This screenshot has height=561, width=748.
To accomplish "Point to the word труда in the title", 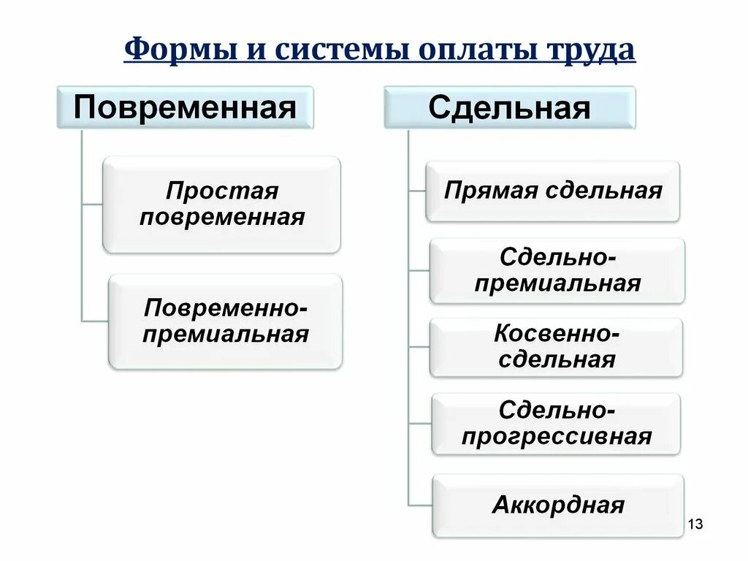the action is [x=590, y=52].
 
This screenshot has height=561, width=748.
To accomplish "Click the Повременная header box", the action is [x=185, y=107].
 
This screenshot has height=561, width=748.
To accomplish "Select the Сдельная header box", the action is [x=509, y=107].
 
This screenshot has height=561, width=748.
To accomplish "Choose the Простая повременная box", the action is [x=221, y=205].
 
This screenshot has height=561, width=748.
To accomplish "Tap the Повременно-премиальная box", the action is [x=226, y=321].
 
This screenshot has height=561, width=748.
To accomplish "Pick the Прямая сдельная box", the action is [x=553, y=191].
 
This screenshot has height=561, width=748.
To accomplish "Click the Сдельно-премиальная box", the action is [x=557, y=270].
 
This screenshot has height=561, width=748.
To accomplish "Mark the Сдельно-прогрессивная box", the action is [x=556, y=424].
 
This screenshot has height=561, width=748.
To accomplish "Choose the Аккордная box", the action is [x=558, y=505].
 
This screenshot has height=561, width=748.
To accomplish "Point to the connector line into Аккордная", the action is [x=420, y=505].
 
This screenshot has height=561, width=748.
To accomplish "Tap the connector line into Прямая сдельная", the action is [x=417, y=191].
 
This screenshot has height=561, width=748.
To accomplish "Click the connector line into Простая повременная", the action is [x=92, y=205].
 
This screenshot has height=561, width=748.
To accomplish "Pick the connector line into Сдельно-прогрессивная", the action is [x=420, y=423].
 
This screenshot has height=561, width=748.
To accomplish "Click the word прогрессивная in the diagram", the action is [x=556, y=437].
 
